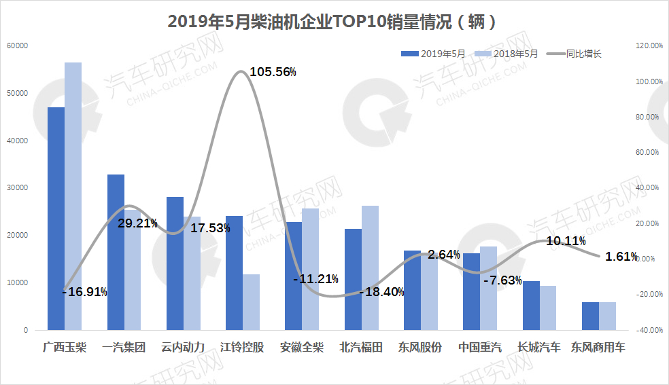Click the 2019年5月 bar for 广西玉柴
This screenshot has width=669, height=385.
[56, 219]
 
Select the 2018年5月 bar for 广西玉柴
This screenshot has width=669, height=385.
[73, 196]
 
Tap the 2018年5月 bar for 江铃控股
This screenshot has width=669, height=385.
[251, 302]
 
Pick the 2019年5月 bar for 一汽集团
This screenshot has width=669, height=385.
[116, 252]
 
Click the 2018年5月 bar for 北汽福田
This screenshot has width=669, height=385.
[370, 268]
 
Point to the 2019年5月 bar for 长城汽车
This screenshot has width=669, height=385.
[531, 306]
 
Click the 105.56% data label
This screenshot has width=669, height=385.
[273, 72]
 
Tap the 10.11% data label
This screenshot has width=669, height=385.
[566, 241]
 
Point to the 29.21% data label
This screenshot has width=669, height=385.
[137, 223]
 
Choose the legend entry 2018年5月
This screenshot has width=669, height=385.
[515, 54]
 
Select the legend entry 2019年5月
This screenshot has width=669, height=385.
[443, 54]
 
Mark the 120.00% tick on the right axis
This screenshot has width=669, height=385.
[648, 45]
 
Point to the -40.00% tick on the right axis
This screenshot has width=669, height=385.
[648, 330]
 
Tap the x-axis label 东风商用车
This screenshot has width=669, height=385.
[598, 348]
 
